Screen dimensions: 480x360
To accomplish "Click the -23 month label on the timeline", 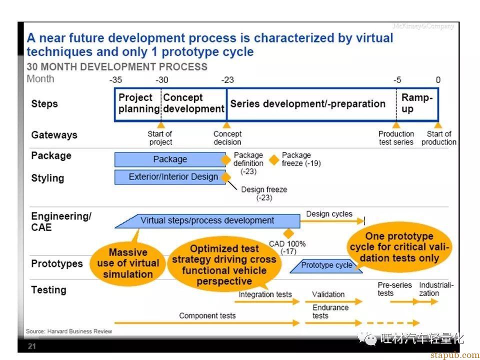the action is (227, 80).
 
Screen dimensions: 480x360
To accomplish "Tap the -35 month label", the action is (115, 80).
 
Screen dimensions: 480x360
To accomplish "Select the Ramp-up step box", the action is (417, 104).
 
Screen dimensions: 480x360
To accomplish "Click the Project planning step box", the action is (138, 104).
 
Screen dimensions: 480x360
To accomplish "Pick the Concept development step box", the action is (194, 104).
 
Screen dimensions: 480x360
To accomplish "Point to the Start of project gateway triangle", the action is (161, 125).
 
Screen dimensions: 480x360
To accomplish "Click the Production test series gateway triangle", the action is (396, 125).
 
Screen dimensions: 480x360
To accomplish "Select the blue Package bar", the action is (170, 159).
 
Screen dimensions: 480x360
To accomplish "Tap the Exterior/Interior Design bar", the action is (170, 177).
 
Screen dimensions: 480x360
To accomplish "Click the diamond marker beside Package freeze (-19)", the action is (274, 159).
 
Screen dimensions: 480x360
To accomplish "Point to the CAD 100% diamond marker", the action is (288, 233).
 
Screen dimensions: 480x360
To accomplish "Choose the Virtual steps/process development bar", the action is (207, 221).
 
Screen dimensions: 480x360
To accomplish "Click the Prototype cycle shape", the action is (326, 265).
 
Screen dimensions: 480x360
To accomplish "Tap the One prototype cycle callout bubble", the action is (399, 247).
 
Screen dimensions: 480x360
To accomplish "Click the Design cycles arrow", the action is (332, 220).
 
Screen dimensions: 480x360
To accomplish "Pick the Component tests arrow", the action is (207, 323).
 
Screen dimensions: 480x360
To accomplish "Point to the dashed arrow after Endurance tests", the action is (393, 323).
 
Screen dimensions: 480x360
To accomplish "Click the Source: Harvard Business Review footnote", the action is (69, 331).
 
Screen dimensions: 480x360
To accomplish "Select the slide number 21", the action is (32, 346).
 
